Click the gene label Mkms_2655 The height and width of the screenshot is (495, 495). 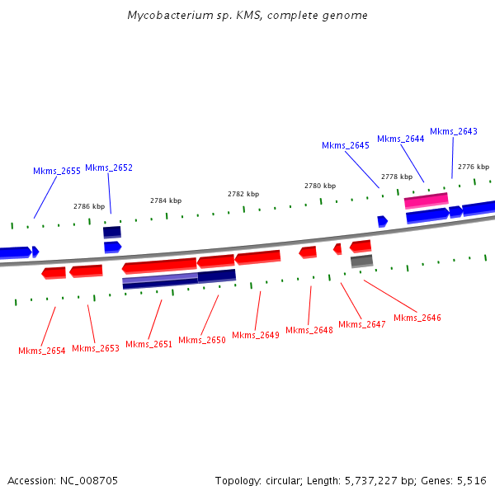(57, 171)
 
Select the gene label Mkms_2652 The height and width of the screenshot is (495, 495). (109, 167)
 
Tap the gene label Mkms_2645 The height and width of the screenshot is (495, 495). (345, 145)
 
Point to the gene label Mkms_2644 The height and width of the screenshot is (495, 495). (401, 139)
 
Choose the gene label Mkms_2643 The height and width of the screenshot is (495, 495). (454, 131)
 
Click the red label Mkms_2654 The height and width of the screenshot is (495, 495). (42, 351)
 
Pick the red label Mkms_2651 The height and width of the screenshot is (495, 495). (149, 344)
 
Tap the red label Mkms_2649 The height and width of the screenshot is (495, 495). (256, 335)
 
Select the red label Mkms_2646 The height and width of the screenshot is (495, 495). (417, 318)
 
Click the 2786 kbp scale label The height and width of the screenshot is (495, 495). (89, 206)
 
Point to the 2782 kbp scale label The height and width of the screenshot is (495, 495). (243, 194)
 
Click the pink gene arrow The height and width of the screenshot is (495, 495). (426, 200)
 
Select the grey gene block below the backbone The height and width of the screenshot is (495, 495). (361, 261)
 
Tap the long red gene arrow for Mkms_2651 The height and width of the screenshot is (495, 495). (159, 266)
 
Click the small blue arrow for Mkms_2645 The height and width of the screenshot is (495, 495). (382, 221)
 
